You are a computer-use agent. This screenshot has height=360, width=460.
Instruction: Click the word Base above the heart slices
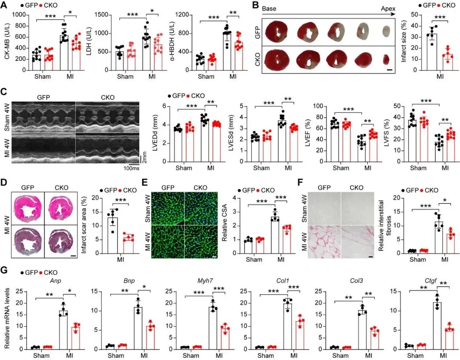coord(269,8)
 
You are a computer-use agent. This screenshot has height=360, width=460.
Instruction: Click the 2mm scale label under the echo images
coord(144,160)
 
